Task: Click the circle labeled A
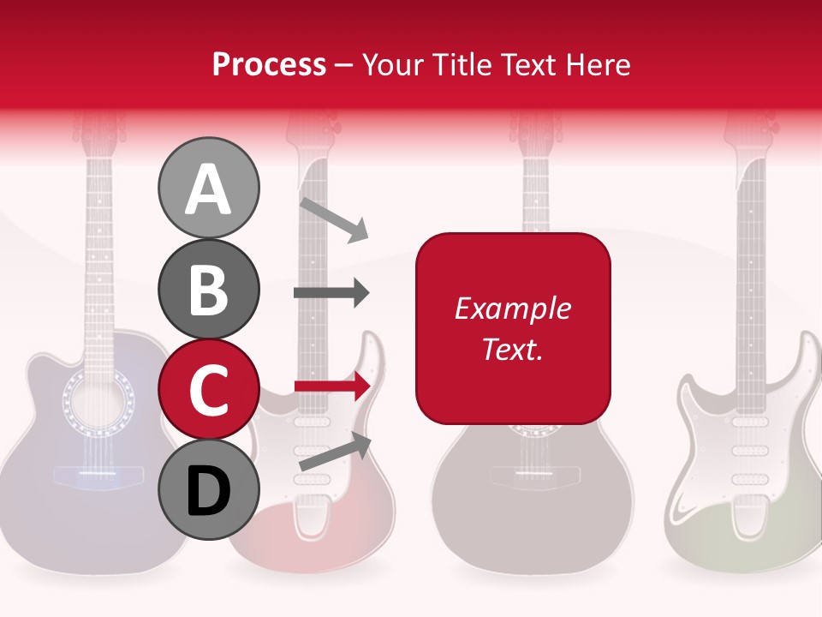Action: [x=208, y=188]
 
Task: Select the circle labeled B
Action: [x=208, y=289]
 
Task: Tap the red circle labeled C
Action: [x=208, y=390]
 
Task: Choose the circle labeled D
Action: [x=208, y=490]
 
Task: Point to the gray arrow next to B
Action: [x=331, y=293]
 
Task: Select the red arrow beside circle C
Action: [x=332, y=386]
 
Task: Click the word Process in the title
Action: [x=269, y=64]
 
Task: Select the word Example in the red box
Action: [x=512, y=308]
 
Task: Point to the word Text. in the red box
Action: [x=512, y=349]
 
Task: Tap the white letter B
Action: [x=208, y=289]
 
